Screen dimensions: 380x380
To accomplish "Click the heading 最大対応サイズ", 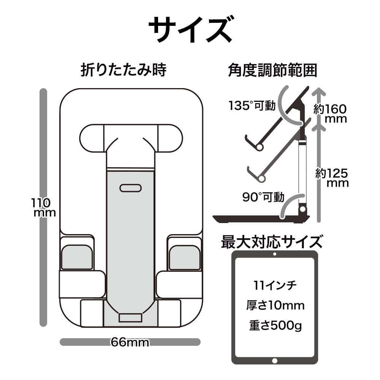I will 272,242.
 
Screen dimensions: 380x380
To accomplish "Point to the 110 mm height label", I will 43,207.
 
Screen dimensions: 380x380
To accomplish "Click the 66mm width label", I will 130,342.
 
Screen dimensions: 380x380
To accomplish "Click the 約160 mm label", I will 331,114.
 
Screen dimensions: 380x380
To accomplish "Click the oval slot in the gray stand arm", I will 130,188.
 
